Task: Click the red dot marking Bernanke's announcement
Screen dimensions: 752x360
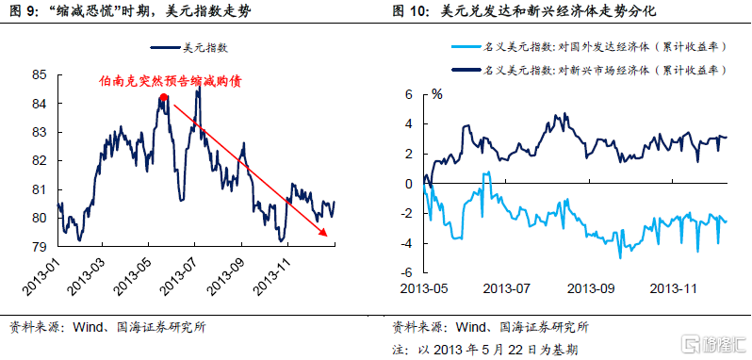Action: point(164,97)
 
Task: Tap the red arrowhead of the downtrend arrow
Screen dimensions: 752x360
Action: point(324,233)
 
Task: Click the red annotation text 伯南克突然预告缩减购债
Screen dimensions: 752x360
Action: point(170,81)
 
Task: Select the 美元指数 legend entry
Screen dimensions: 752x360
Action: point(189,47)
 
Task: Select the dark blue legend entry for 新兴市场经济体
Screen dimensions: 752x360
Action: point(588,71)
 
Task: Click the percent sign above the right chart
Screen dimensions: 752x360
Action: point(437,94)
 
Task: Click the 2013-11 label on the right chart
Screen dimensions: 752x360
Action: point(674,289)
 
